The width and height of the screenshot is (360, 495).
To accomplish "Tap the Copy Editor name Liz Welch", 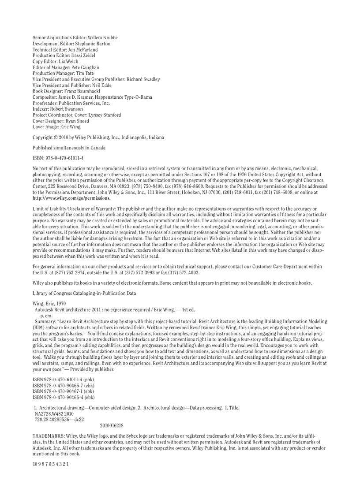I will tap(68, 62).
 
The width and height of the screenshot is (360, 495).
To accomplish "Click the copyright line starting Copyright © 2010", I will tap(98, 138).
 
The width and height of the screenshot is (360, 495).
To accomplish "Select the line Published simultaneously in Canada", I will tap(69, 148).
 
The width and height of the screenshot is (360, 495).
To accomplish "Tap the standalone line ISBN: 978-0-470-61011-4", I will tap(58, 158).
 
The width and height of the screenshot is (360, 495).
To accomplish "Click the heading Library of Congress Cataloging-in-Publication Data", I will tap(84, 293).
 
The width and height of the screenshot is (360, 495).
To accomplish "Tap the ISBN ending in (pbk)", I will tap(63, 380).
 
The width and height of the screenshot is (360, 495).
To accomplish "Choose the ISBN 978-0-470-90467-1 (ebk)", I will tap(64, 391).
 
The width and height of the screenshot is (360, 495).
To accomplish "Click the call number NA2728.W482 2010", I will tap(54, 414).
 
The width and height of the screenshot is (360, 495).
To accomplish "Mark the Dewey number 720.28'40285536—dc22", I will tap(59, 420).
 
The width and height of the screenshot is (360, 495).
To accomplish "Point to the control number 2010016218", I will tap(112, 426).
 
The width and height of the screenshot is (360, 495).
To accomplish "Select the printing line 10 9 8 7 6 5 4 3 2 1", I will tap(51, 464).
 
